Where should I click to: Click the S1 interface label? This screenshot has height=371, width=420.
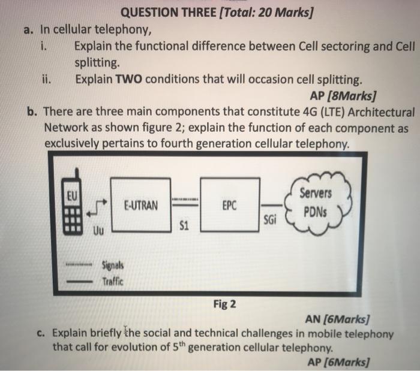[x=184, y=226]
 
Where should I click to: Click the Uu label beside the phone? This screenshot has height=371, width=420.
[x=98, y=230]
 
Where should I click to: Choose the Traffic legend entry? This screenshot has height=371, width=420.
[x=112, y=280]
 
